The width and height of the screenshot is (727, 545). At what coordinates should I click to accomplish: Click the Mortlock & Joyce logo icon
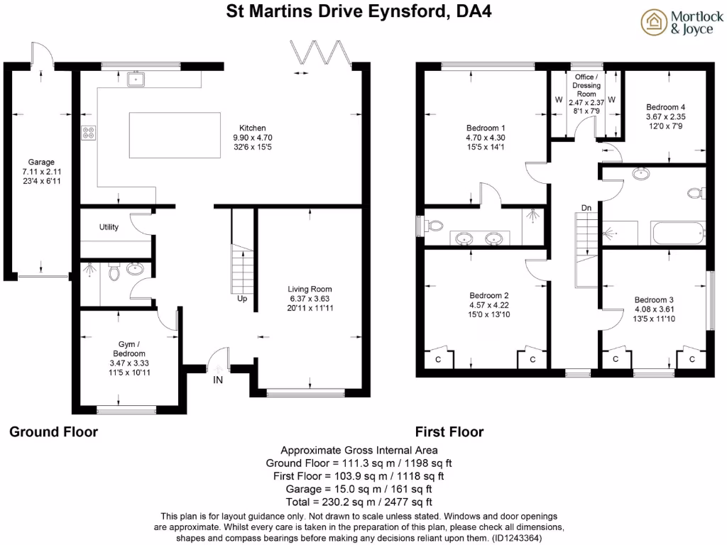point(653,22)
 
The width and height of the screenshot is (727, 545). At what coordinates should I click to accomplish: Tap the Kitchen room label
point(253,128)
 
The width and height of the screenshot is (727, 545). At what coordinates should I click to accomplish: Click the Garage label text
point(41,162)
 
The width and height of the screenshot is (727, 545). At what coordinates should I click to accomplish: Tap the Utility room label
point(109,227)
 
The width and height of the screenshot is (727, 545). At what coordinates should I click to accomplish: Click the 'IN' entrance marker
point(217,381)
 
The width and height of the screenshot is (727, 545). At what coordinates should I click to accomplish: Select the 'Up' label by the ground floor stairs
point(241,299)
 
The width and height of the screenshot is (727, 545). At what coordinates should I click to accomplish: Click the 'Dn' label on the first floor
point(586,208)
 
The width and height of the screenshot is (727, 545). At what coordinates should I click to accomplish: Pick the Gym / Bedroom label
point(129,349)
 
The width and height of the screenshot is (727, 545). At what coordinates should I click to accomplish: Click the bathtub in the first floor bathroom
point(679,231)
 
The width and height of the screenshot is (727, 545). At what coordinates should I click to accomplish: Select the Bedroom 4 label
point(665,107)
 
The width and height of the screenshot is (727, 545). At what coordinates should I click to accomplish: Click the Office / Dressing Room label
point(586,85)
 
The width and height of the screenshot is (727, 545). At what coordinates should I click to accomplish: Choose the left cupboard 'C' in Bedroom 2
point(438,358)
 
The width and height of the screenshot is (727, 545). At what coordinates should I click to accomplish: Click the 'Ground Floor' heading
point(53,432)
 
